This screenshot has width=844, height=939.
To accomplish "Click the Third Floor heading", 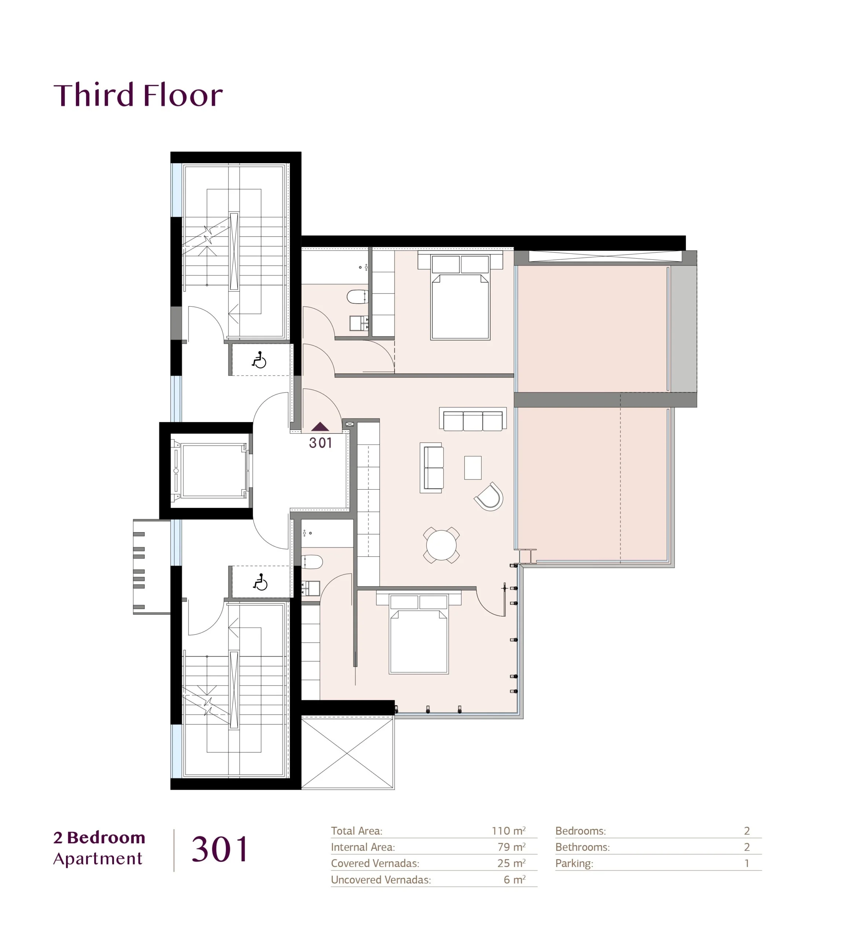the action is pyautogui.click(x=138, y=95).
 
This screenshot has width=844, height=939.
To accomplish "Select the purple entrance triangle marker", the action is pyautogui.click(x=320, y=427).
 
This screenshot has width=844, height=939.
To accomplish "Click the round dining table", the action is pyautogui.click(x=441, y=545).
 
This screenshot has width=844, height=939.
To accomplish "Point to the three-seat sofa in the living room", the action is pyautogui.click(x=472, y=419).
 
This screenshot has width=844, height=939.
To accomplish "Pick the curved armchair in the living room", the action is pyautogui.click(x=489, y=497).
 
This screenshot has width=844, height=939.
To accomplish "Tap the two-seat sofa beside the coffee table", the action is pyautogui.click(x=431, y=467).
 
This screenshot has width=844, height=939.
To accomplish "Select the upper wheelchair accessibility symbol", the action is pyautogui.click(x=259, y=360).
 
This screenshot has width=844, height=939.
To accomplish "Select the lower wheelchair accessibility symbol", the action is pyautogui.click(x=260, y=582).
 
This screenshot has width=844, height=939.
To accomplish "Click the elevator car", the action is pyautogui.click(x=212, y=471).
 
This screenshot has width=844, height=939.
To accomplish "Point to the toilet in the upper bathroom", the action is pyautogui.click(x=358, y=297).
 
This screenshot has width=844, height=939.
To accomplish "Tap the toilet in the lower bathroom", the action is pyautogui.click(x=312, y=562).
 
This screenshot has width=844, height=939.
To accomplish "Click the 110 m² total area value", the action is pyautogui.click(x=509, y=830).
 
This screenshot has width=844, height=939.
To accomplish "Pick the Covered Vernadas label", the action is pyautogui.click(x=375, y=863).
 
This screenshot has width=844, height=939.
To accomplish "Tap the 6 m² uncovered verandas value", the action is pyautogui.click(x=515, y=880).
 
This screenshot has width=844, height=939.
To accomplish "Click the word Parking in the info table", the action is pyautogui.click(x=574, y=863).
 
